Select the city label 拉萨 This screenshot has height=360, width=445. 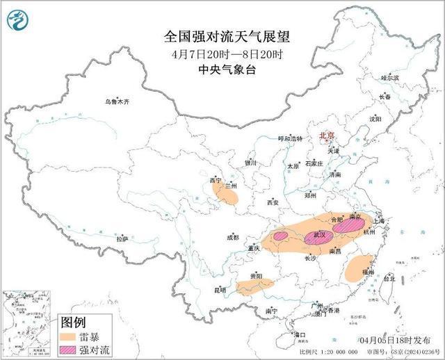122,238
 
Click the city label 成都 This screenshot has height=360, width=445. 232,238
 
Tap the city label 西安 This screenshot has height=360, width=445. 273,202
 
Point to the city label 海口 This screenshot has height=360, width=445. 300,335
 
